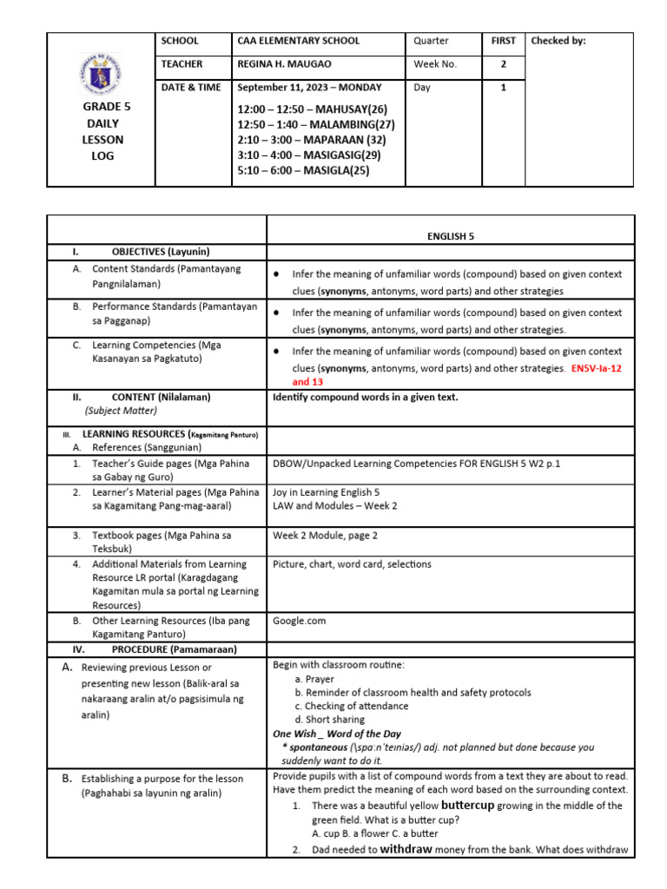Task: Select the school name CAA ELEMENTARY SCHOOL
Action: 298,41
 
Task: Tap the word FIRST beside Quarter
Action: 503,41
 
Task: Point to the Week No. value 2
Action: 503,64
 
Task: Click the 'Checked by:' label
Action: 558,41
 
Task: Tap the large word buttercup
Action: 467,806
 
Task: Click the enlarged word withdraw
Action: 406,850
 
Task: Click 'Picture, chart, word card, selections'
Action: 352,564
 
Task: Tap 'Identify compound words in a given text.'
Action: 365,397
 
